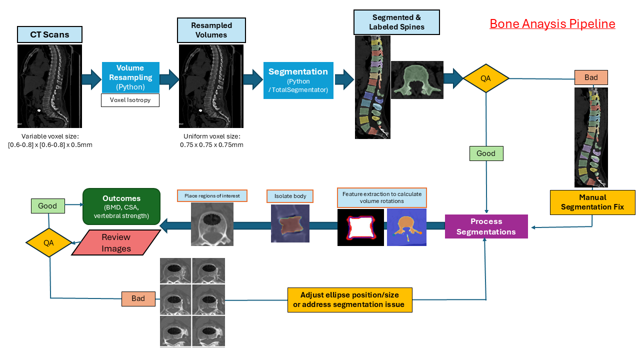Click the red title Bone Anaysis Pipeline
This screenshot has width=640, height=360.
click(552, 24)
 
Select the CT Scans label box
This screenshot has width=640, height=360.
click(49, 34)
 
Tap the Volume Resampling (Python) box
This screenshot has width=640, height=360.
click(130, 77)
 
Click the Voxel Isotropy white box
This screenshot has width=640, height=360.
click(130, 100)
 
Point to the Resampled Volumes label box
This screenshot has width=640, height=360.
click(211, 30)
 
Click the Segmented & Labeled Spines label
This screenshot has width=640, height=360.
click(396, 22)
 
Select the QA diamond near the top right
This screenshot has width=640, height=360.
click(485, 78)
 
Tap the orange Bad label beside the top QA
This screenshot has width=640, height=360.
click(591, 77)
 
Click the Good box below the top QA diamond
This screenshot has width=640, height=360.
click(486, 153)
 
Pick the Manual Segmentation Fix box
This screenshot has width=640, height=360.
click(592, 202)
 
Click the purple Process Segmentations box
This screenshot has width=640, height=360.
click(486, 226)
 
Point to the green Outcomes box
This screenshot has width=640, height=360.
click(121, 206)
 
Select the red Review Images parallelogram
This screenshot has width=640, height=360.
click(116, 242)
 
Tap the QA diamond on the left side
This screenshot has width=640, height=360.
click(48, 243)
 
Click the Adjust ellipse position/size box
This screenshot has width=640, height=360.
click(349, 299)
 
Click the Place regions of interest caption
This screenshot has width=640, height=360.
click(212, 195)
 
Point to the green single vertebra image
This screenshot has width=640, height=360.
click(417, 80)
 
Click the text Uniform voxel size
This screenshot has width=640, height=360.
click(211, 136)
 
